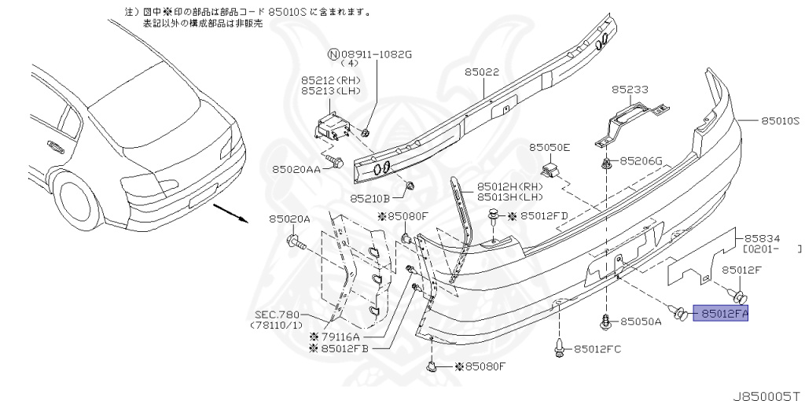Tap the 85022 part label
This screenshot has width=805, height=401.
click(x=481, y=72)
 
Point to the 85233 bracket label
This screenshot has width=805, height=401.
click(x=630, y=90)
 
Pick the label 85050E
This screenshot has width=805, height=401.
click(x=550, y=147)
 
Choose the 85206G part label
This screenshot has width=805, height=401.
click(x=641, y=161)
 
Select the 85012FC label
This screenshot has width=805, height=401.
click(x=597, y=349)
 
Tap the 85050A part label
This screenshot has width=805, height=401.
click(x=641, y=322)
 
